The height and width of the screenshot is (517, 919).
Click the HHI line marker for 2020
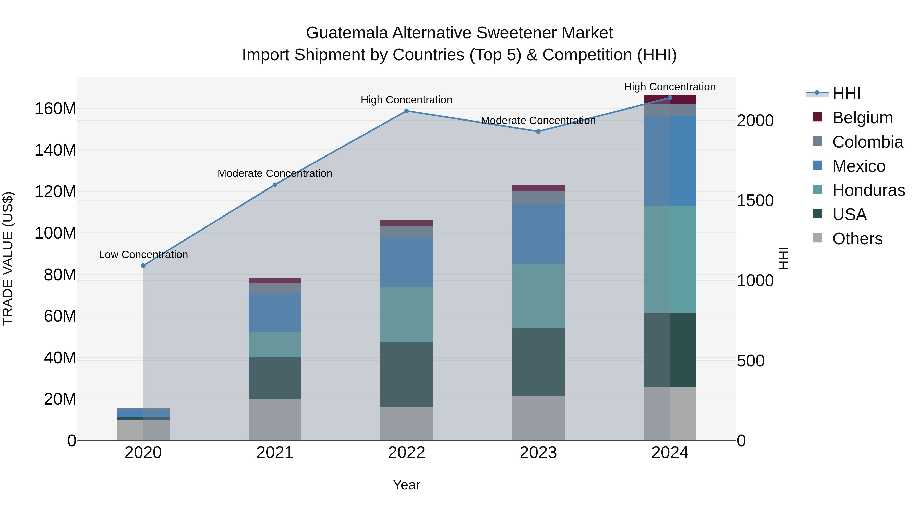click(143, 266)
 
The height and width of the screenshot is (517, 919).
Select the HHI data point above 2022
click(406, 111)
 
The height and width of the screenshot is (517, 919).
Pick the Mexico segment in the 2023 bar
click(538, 234)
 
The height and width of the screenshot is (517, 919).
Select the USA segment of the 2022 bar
click(406, 374)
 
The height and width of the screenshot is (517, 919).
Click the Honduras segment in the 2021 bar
click(275, 345)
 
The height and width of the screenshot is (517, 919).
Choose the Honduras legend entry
click(868, 190)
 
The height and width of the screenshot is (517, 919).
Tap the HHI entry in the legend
click(846, 93)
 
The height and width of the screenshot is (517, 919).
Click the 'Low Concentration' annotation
click(143, 255)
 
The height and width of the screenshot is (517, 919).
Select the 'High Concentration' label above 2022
click(406, 100)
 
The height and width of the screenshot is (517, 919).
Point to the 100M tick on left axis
click(55, 233)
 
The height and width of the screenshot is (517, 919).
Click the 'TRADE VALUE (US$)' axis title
click(8, 258)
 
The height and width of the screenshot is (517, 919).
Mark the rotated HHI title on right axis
click(783, 258)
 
